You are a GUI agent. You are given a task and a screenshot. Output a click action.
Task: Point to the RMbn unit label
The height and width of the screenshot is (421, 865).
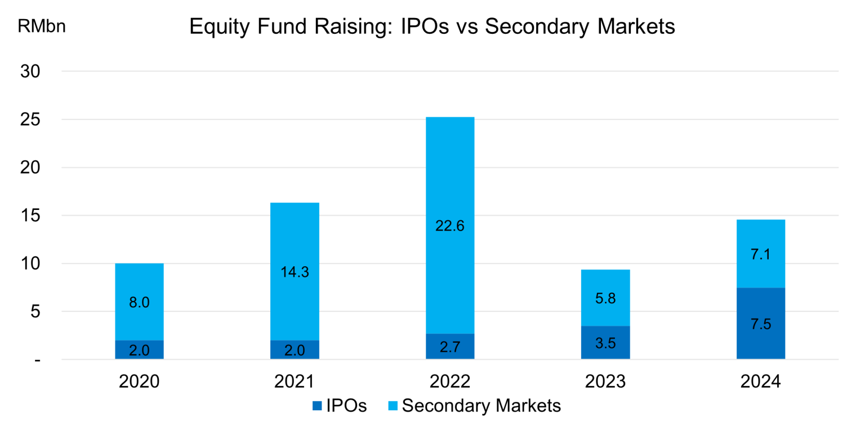click(42, 26)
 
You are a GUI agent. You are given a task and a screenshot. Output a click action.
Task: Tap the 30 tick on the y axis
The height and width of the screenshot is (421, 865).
click(32, 71)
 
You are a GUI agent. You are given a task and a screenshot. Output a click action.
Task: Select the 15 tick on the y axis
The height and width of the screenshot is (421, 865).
click(32, 216)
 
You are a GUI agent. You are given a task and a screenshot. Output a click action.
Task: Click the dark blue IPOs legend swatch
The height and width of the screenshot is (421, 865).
click(316, 405)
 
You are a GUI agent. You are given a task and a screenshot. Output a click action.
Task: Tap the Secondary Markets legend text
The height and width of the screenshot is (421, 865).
click(481, 405)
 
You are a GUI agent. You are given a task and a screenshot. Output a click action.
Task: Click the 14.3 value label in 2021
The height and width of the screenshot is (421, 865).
click(295, 271)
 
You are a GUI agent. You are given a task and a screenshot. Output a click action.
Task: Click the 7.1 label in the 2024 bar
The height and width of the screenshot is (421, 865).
click(761, 254)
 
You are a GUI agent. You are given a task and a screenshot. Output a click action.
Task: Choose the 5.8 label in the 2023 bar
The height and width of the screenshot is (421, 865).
click(605, 298)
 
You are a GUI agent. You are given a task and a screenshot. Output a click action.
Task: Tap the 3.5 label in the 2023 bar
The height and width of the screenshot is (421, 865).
click(605, 343)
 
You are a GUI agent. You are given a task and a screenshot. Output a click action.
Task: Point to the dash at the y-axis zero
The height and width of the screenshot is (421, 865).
click(37, 360)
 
